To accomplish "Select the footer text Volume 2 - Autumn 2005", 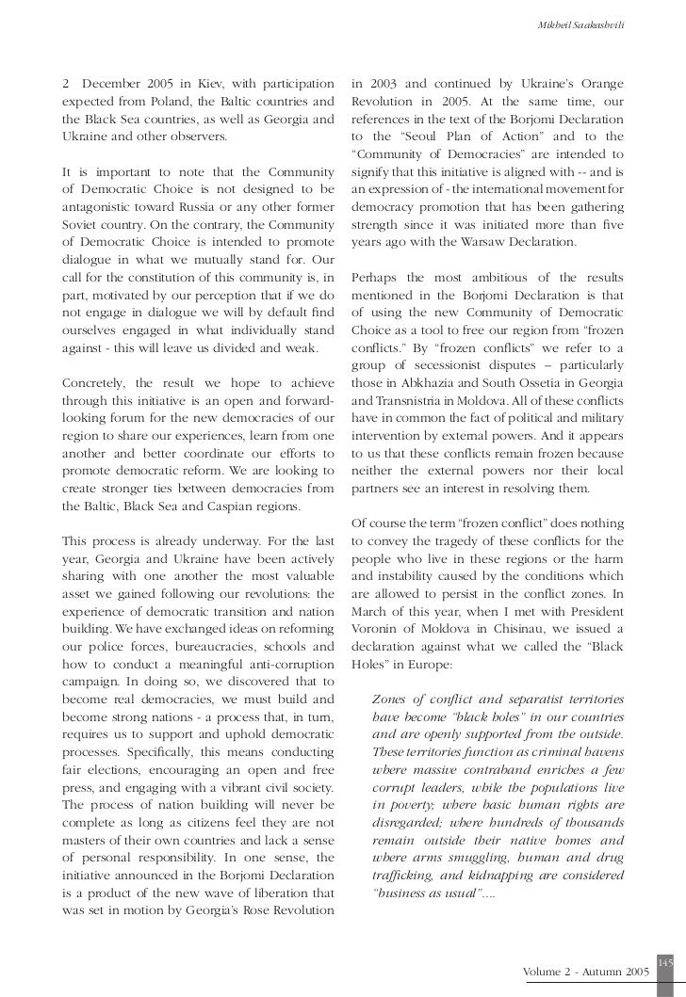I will [585, 970].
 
